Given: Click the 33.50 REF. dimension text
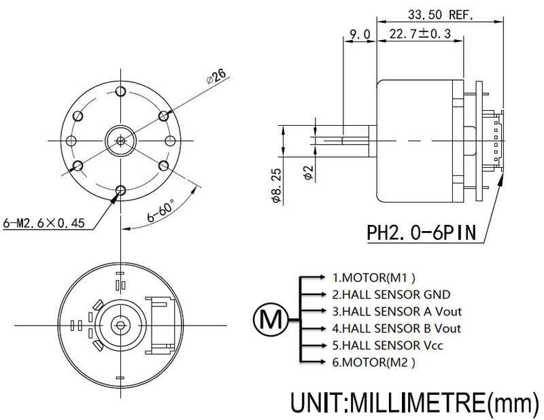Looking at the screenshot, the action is coord(440,14).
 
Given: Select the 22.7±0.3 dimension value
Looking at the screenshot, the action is coord(420,34).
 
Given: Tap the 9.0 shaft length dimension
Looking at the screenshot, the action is coord(360,35).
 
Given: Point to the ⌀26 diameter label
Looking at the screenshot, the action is coord(216,76).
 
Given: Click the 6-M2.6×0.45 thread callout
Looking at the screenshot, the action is coord(44,223).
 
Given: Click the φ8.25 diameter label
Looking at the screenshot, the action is coord(277,186).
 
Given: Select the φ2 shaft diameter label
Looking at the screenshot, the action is coord(309,173).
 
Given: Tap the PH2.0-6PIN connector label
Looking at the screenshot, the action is coord(421,232).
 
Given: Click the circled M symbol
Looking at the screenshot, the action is coord(271,319).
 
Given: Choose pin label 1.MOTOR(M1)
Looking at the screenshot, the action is coord(373,277).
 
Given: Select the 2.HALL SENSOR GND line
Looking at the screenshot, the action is coord(392,294).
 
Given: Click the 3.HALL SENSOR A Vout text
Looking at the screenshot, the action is coord(397,311).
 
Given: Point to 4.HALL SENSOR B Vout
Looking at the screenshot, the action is coord(396,328).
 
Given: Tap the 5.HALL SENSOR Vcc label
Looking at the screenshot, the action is coord(388,345).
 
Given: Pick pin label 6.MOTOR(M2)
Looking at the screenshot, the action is coord(373,362).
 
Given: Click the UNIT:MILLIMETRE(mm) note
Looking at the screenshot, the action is coord(415,402).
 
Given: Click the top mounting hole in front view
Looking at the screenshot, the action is coord(121,92).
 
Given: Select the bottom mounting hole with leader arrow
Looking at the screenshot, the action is coord(121,190).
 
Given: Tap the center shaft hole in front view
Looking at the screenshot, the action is coord(121,141).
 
